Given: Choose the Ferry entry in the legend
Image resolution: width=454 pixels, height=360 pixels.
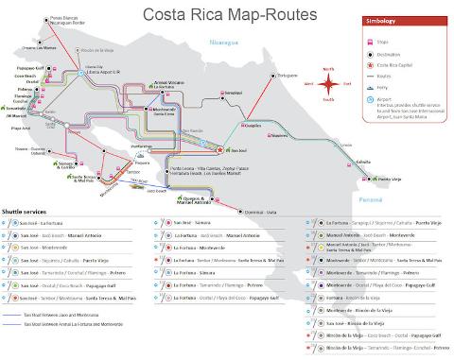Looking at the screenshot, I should (393, 95).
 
